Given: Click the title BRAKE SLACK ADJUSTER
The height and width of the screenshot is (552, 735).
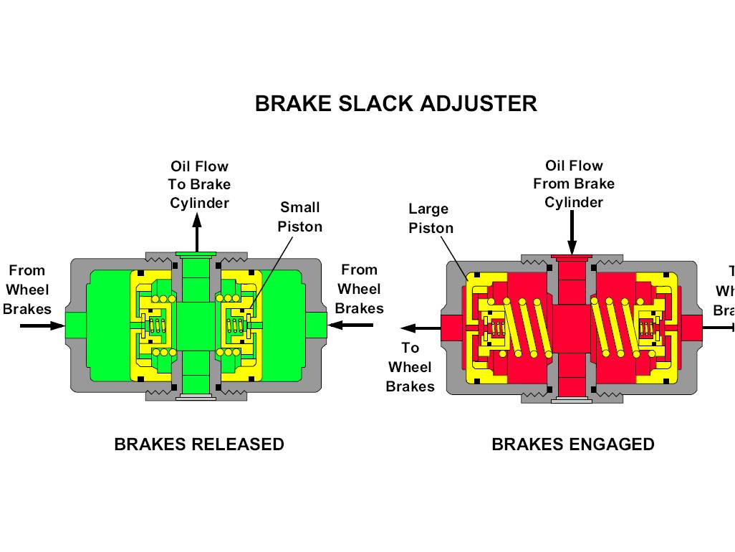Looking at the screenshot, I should point(395,103).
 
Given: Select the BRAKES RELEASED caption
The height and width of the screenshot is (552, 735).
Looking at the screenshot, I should point(199,444).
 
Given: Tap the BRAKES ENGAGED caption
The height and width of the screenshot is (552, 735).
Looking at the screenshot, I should point(572,444).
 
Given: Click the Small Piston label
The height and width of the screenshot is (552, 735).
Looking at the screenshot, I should point(300,216).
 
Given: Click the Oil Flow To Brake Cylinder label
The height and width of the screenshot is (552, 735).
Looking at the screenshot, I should point(199,184).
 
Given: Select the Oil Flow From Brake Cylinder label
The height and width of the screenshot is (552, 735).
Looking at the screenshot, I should point(573,184).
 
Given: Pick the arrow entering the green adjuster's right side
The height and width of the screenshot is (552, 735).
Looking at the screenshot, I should point(351,325).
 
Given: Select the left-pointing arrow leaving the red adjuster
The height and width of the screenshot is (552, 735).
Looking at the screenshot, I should point(419,328).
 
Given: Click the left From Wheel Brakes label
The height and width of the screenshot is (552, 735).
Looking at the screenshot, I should point(27,290).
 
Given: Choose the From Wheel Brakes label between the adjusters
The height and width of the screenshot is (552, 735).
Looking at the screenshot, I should point(359,289).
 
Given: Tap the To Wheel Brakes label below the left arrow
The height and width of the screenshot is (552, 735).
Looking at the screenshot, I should point(410,367).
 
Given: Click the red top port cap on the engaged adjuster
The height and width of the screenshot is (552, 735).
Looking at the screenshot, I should point(572,257).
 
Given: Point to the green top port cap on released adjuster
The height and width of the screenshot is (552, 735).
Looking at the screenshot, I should point(195,254).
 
